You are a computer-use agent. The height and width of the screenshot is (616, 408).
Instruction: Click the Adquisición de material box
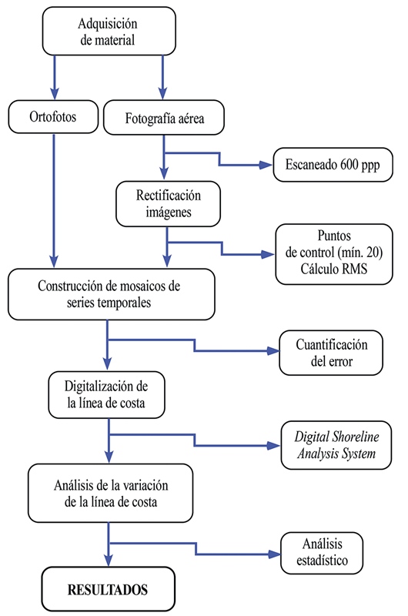(x=108, y=32)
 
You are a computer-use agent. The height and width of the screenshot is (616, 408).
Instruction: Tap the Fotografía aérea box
(x=163, y=119)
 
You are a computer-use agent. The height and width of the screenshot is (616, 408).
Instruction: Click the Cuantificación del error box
(x=330, y=352)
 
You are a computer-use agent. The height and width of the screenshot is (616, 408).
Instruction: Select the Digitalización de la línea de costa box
(x=108, y=393)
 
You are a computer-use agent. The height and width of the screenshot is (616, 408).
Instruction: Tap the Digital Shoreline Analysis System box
(x=331, y=445)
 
